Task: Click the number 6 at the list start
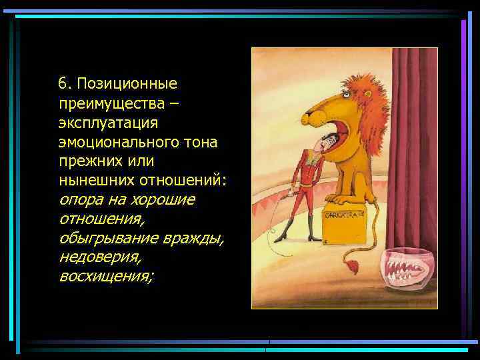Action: (x=62, y=84)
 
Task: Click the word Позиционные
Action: (x=127, y=84)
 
